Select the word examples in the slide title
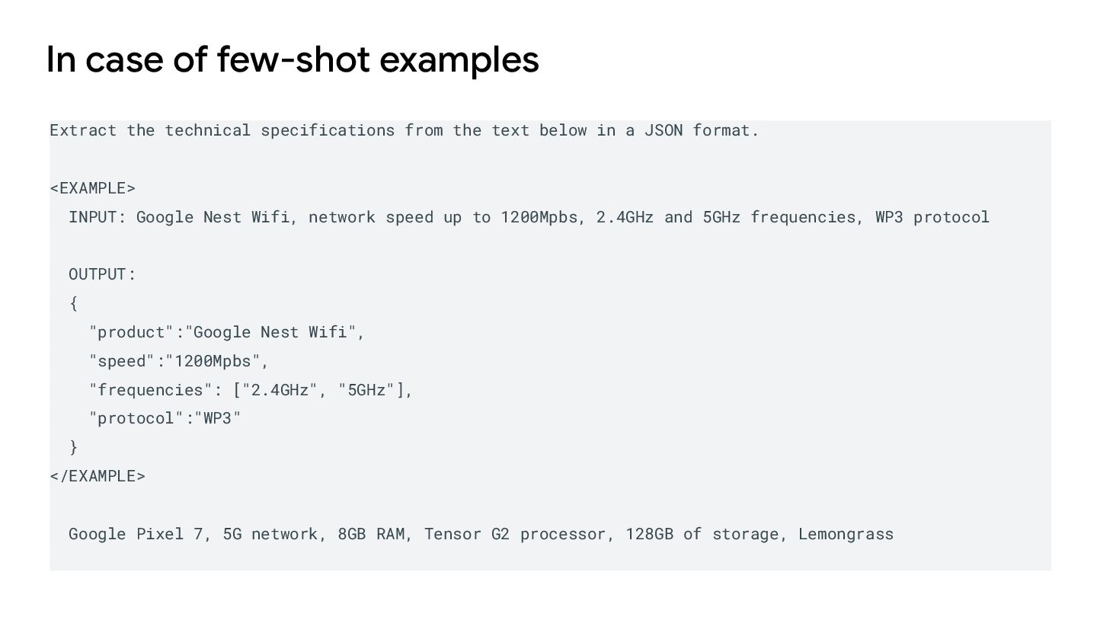coord(459,60)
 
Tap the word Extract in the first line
coord(83,130)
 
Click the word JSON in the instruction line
coord(664,130)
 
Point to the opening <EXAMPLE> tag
coord(92,188)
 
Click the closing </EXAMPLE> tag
coord(97,476)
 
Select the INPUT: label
coord(97,217)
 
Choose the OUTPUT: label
coord(102,274)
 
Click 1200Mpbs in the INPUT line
coord(539,217)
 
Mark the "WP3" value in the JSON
coord(217,418)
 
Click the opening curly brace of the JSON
coord(73,303)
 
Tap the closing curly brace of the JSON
coord(73,447)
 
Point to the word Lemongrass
coord(846,534)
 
